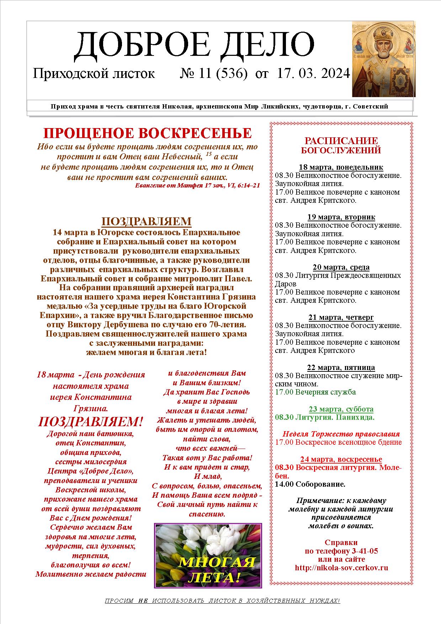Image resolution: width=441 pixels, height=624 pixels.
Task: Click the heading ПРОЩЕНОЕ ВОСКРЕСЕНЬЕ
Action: pyautogui.click(x=147, y=133)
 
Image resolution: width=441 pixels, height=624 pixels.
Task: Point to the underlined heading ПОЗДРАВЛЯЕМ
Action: pyautogui.click(x=147, y=221)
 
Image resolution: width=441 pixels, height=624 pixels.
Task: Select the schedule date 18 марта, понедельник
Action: pyautogui.click(x=341, y=167)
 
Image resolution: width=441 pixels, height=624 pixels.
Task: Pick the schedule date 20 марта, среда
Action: pyautogui.click(x=341, y=267)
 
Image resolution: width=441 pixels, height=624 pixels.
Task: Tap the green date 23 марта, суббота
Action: pyautogui.click(x=341, y=409)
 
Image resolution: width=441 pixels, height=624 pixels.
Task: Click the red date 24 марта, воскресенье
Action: pyautogui.click(x=341, y=459)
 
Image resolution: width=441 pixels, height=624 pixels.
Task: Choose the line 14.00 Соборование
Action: pyautogui.click(x=310, y=484)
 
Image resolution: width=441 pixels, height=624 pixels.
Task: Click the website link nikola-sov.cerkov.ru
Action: pyautogui.click(x=341, y=567)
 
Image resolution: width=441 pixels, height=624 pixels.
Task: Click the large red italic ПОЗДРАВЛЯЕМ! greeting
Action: pyautogui.click(x=90, y=422)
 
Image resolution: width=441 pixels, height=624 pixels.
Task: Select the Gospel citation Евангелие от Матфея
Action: pyautogui.click(x=197, y=185)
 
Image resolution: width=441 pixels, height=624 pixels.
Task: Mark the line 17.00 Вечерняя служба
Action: pyautogui.click(x=315, y=392)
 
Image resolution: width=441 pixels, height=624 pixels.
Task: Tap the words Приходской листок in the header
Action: pyautogui.click(x=94, y=74)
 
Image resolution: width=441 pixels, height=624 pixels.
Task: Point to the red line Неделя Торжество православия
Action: pyautogui.click(x=341, y=434)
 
